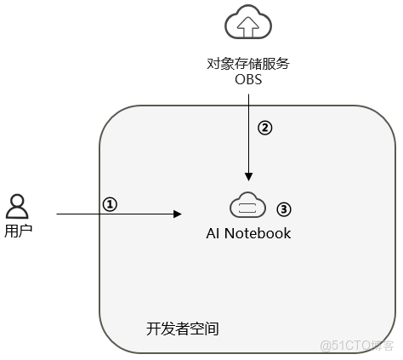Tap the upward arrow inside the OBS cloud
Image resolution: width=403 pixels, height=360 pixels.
[248, 26]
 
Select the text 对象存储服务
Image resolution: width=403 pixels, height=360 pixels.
[247, 63]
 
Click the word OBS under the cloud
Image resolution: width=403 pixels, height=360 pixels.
[247, 80]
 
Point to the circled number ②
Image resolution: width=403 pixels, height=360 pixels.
[264, 128]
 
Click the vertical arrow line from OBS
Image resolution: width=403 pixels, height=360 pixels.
[248, 136]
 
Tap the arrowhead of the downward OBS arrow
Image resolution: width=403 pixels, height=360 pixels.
[248, 177]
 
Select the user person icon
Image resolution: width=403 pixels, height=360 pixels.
[17, 206]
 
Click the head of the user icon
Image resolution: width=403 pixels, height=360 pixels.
[17, 200]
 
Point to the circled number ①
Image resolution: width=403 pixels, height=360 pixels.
[109, 203]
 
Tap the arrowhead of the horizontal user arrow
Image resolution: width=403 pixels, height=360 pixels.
[179, 214]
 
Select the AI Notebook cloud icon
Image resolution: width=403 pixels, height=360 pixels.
[248, 207]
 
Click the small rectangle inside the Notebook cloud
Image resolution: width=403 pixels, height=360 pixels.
[248, 208]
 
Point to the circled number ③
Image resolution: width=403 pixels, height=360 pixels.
[284, 208]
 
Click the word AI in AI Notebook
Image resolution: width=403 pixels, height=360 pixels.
[214, 233]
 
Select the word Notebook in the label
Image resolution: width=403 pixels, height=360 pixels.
[258, 233]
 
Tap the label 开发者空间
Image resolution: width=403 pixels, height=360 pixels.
[183, 328]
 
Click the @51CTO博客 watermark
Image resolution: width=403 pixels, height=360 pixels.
[357, 345]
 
